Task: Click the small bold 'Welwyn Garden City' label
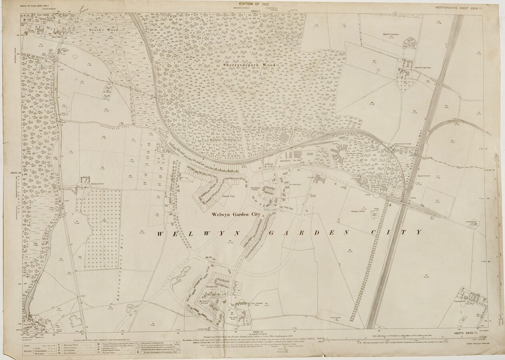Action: click(x=236, y=214)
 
